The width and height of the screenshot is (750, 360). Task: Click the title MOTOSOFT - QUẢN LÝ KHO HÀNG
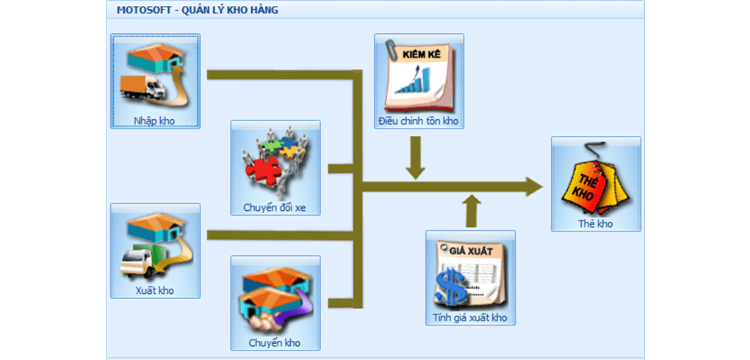pos(198,10)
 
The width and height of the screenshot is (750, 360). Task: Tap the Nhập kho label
pos(154,119)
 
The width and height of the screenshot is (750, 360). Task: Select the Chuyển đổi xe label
pos(275,208)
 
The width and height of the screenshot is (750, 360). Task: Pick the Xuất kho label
pos(155,290)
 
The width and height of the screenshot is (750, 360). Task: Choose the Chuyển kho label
pos(275,343)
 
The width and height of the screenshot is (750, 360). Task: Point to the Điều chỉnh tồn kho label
pos(419,120)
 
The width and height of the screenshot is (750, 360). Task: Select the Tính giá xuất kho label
pos(470,318)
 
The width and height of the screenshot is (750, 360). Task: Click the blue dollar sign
pos(449,286)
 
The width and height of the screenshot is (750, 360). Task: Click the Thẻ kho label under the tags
pos(595,224)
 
